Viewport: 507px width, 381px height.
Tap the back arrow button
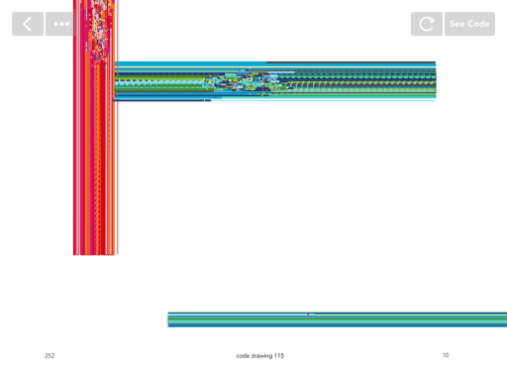pos(28,24)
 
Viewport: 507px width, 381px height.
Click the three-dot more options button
pos(61,24)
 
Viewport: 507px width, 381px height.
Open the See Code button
pos(469,24)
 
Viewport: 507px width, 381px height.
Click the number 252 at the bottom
pos(50,356)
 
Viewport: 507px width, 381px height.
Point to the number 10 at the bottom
pos(446,355)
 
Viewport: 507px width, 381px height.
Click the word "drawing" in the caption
pos(261,356)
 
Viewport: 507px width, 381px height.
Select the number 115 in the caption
pos(279,356)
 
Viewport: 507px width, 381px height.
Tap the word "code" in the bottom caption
pos(243,356)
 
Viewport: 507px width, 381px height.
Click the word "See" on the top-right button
pos(457,24)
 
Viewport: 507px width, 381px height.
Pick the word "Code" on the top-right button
pos(478,24)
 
